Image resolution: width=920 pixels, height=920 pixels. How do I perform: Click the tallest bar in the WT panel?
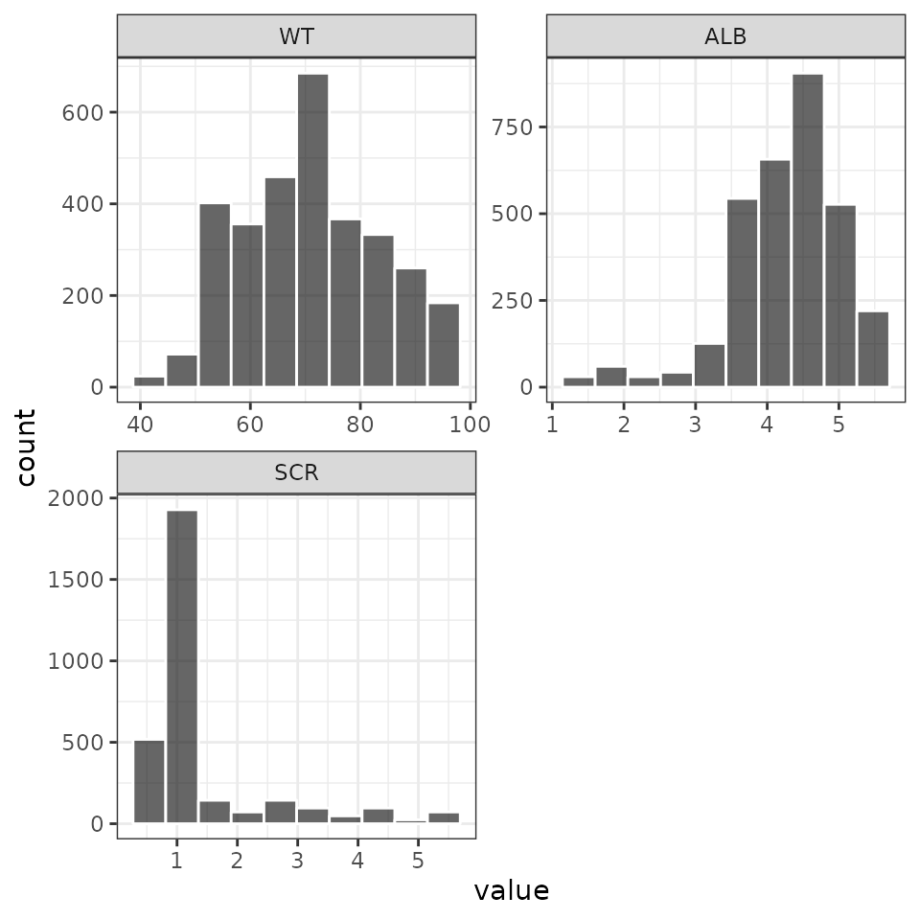(312, 230)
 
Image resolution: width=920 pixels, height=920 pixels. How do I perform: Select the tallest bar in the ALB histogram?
(807, 230)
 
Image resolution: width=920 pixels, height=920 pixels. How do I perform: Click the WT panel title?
(296, 36)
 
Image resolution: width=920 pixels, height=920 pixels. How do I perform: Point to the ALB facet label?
(725, 36)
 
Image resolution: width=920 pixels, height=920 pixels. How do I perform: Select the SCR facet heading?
(296, 472)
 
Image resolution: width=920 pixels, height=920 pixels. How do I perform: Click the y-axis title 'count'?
(26, 448)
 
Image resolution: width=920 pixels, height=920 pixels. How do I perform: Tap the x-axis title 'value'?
(512, 891)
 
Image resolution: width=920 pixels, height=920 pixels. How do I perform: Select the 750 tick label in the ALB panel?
(509, 127)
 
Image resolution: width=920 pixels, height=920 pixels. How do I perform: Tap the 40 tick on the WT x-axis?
(140, 423)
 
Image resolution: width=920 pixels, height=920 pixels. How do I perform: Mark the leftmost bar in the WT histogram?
(149, 381)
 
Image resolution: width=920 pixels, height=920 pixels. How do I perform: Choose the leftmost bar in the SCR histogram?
(149, 781)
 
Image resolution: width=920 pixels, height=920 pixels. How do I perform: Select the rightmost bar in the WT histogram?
(444, 345)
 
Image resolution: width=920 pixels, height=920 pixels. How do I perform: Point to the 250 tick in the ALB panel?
(509, 300)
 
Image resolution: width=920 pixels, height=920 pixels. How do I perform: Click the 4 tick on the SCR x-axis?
(357, 859)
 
